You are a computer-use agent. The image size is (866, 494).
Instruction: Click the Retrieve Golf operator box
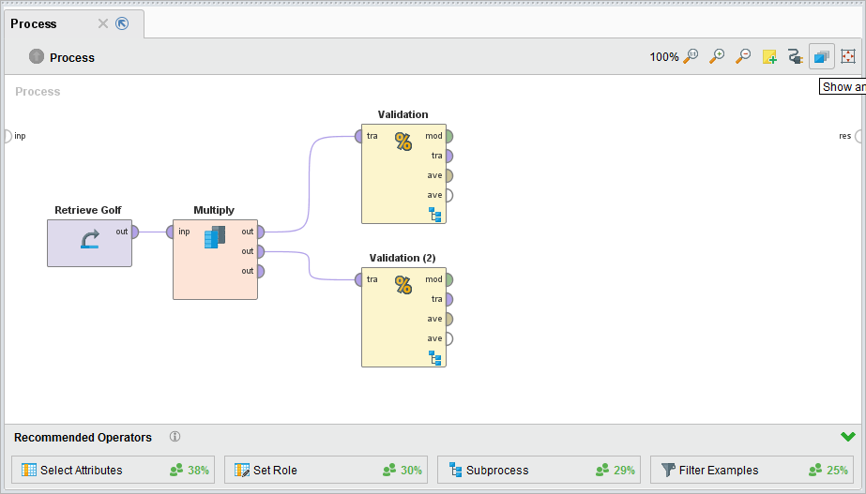click(89, 243)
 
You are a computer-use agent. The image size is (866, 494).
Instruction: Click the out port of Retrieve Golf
click(135, 232)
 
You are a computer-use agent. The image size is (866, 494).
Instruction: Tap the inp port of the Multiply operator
click(170, 232)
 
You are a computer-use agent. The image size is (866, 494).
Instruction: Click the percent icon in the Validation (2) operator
click(403, 285)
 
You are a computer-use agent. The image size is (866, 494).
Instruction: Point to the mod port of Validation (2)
click(448, 279)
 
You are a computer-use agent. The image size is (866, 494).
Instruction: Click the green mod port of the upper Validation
click(448, 136)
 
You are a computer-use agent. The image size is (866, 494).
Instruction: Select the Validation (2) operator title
click(403, 258)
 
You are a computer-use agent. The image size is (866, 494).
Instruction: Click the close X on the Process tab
click(103, 23)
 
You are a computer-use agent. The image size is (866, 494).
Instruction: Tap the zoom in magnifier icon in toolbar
click(717, 56)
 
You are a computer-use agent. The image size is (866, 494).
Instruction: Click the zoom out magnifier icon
click(742, 56)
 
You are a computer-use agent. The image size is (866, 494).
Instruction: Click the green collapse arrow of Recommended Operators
click(848, 437)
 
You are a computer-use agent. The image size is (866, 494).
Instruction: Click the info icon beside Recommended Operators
click(175, 437)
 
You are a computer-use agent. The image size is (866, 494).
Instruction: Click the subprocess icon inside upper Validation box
click(434, 215)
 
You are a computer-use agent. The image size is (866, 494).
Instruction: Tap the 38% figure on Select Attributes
click(199, 471)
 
